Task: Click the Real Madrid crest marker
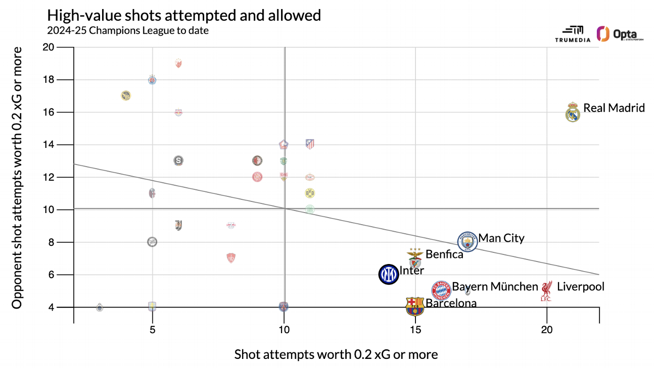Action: tap(573, 112)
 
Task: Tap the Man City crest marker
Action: tap(467, 242)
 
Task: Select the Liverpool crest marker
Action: tap(546, 291)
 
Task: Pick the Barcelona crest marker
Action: tap(415, 306)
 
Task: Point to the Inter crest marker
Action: tap(389, 274)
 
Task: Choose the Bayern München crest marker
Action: tap(441, 290)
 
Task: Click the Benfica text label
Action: tap(444, 254)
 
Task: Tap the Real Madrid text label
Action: tap(614, 108)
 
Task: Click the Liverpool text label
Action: tap(580, 287)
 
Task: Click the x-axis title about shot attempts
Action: tap(336, 354)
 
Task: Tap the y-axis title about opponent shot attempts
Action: tap(17, 177)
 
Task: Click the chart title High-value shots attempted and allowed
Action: tap(184, 15)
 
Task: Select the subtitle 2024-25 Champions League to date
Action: tap(128, 30)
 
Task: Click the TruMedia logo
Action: tap(572, 34)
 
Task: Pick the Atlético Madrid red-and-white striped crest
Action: tap(310, 144)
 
